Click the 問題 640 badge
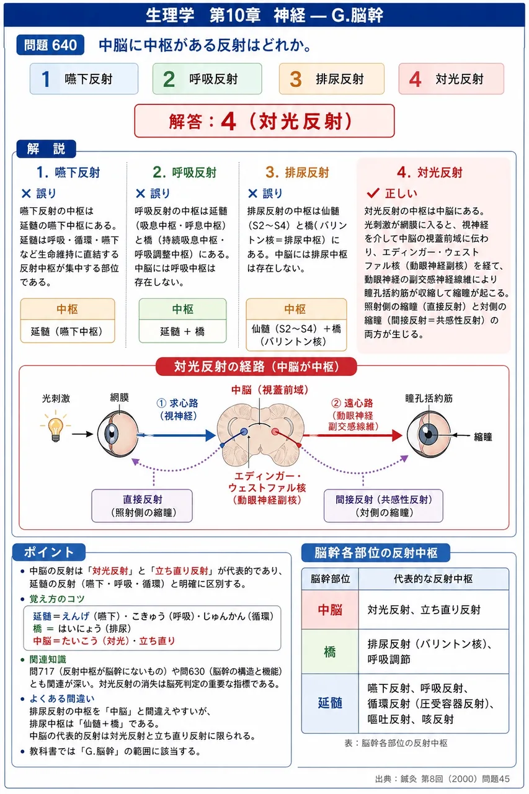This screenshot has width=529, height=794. [x=50, y=45]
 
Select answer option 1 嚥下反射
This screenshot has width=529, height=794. [x=84, y=79]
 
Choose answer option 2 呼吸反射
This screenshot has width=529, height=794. [x=207, y=79]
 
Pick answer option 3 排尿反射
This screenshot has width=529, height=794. [x=332, y=79]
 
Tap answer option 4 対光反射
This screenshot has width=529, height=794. [x=451, y=79]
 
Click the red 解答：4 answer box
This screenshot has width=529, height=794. [x=264, y=121]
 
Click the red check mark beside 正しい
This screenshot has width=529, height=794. [x=373, y=193]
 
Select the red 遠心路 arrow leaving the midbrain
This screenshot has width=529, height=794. [x=352, y=435]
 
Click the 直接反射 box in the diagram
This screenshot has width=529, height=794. [x=142, y=506]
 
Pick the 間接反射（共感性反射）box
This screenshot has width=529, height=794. [x=383, y=506]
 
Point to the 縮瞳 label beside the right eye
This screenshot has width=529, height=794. [x=483, y=437]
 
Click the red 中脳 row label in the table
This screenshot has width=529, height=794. [x=330, y=610]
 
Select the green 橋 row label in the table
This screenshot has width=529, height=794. [x=330, y=651]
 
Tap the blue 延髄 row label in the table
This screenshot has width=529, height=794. [x=330, y=703]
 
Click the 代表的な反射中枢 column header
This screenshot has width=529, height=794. [x=433, y=579]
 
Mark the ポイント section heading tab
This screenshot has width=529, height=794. [x=49, y=552]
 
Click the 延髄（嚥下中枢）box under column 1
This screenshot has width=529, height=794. [x=68, y=321]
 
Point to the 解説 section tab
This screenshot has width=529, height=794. [x=46, y=149]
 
